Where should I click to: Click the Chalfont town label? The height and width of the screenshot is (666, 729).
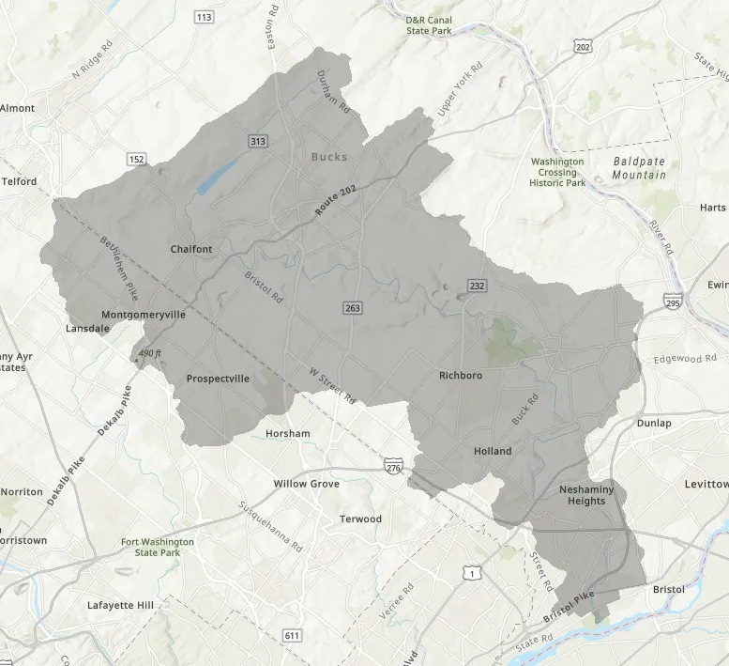click(x=191, y=249)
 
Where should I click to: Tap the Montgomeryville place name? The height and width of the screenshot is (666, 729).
click(x=143, y=315)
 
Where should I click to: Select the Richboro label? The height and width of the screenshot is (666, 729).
click(x=462, y=375)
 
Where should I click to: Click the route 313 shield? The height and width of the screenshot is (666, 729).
click(x=257, y=141)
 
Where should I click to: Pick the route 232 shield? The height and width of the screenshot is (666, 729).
click(x=477, y=286)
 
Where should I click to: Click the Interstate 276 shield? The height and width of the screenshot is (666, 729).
click(x=392, y=467)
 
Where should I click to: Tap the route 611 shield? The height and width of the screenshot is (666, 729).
click(x=293, y=636)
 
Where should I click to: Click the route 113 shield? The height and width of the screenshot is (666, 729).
click(x=204, y=17)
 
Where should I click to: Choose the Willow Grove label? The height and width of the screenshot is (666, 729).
click(x=306, y=484)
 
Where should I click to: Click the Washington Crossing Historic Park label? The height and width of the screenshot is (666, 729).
click(x=557, y=172)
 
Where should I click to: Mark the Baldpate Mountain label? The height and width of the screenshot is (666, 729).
click(x=639, y=168)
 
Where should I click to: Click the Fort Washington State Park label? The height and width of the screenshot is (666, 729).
click(x=158, y=548)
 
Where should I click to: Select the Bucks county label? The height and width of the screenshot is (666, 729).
click(x=329, y=157)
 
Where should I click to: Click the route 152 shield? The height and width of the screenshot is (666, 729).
click(x=137, y=160)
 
